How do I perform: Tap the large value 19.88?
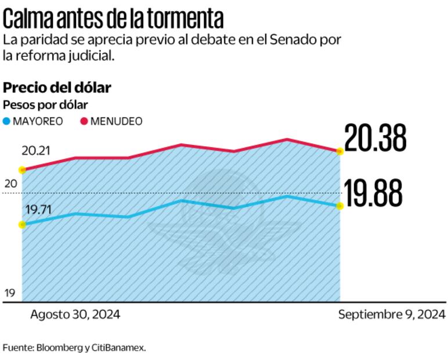(x=374, y=193)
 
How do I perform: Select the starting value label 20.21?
(x=36, y=151)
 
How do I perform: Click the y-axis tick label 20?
(x=11, y=184)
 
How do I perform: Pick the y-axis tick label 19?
(x=10, y=293)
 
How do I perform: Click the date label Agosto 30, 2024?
(x=75, y=315)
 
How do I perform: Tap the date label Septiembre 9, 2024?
(x=392, y=315)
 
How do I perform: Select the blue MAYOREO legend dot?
(x=7, y=121)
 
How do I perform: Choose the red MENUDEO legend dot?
(x=84, y=121)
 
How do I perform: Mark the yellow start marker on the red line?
(x=22, y=170)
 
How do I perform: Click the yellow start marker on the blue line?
(x=22, y=225)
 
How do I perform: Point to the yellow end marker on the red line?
(x=340, y=151)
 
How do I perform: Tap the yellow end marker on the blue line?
(x=340, y=206)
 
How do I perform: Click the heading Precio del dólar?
(x=57, y=88)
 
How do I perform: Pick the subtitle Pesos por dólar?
(x=45, y=105)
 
